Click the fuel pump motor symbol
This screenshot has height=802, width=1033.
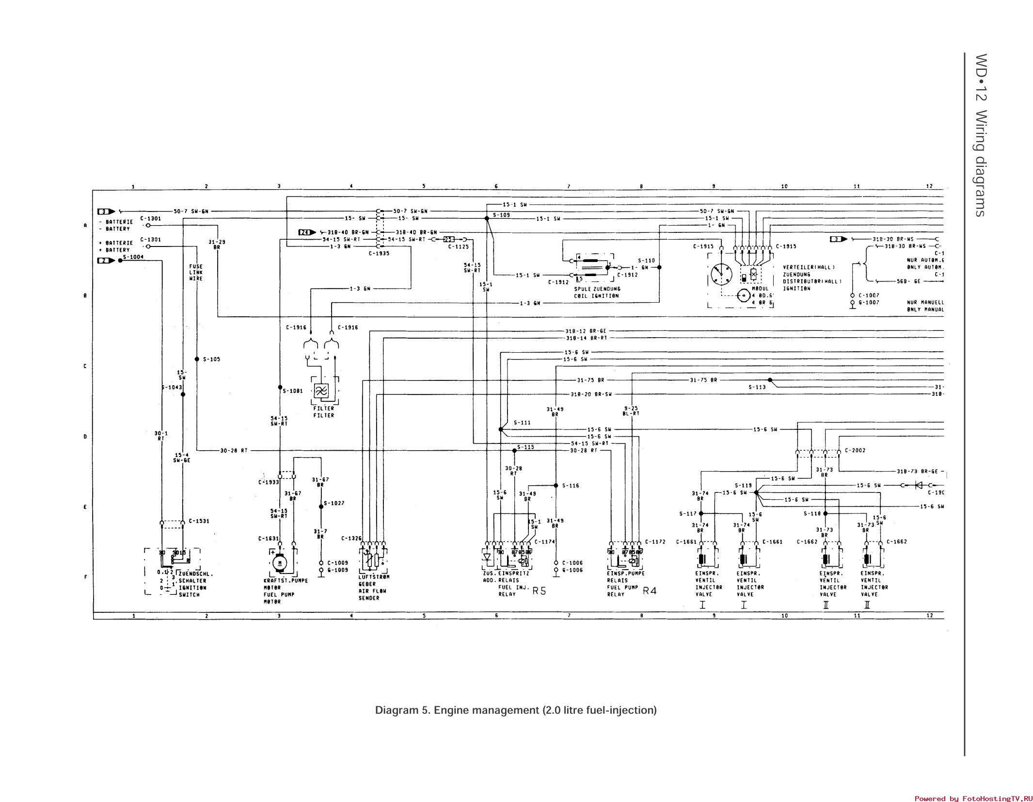[x=279, y=563]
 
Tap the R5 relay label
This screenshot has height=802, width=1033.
[x=539, y=591]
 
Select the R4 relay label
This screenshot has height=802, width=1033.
[x=650, y=591]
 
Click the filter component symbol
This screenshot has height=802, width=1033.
[x=321, y=391]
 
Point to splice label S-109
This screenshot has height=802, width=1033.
[x=501, y=214]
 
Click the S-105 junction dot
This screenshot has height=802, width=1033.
[x=197, y=359]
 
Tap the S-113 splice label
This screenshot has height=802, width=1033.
[x=757, y=387]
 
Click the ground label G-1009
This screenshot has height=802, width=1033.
[x=337, y=570]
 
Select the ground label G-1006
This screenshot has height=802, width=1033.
[x=572, y=570]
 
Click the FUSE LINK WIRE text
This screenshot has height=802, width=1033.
[x=196, y=273]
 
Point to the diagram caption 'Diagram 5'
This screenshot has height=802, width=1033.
[x=516, y=710]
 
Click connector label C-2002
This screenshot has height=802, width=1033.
[x=855, y=450]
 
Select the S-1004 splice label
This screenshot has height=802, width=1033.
[x=133, y=257]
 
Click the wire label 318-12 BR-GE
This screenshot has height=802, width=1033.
[x=586, y=331]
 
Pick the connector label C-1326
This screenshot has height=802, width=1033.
[x=351, y=538]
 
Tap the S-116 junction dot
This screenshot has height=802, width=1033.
[x=556, y=485]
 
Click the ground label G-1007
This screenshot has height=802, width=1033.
[x=869, y=302]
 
